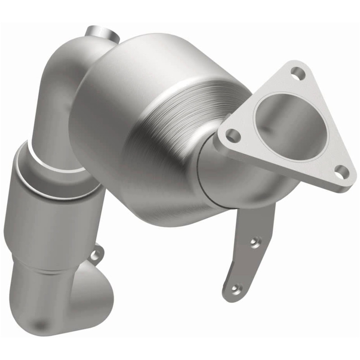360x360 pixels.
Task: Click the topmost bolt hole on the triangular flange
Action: [x=296, y=72]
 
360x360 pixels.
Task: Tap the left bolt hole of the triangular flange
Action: [x=232, y=134]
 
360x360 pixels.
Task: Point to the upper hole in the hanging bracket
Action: [x=256, y=242]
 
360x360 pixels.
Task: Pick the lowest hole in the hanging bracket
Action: [x=235, y=287]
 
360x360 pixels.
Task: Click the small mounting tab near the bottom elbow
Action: [x=95, y=255]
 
